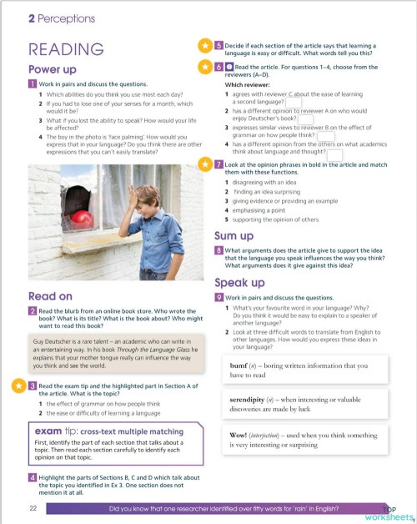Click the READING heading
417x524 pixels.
click(66, 49)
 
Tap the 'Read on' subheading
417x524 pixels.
click(50, 295)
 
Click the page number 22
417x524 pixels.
click(33, 508)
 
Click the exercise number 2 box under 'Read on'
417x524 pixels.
click(32, 311)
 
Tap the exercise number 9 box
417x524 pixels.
click(219, 297)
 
